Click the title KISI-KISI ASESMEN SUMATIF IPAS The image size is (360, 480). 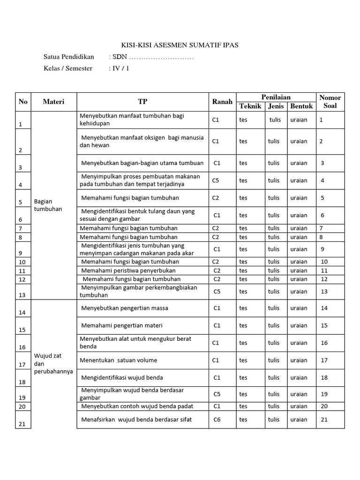180,45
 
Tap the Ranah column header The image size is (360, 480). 222,102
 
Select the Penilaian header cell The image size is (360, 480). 276,97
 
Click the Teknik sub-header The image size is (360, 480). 250,106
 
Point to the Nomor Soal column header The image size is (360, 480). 330,102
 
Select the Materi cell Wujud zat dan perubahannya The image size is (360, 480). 53,363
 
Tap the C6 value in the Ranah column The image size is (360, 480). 217,420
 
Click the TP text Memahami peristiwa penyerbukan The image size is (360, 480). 128,270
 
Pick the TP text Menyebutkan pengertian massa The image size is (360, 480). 125,308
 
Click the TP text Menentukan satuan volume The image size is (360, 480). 119,360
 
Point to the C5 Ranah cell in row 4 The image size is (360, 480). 216,180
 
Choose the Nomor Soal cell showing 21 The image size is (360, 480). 324,420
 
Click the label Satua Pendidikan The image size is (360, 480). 69,57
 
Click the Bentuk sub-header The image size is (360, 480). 301,106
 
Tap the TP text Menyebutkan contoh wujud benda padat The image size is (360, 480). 137,406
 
